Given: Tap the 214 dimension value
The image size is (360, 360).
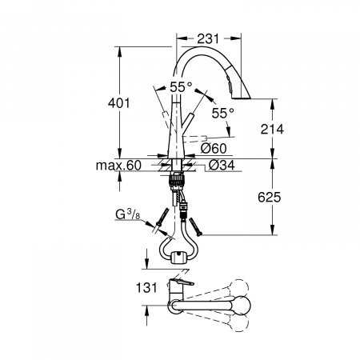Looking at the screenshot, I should point(272,129).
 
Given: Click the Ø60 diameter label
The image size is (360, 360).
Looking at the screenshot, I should point(214,149).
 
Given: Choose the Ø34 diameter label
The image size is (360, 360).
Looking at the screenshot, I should point(220,166).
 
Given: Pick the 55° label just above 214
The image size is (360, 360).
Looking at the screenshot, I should point(223,114).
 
